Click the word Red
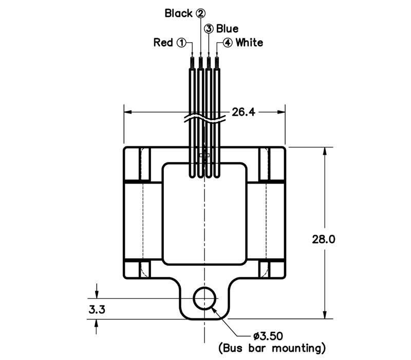(x=163, y=43)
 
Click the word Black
(x=178, y=13)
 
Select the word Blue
(x=227, y=28)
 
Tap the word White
(x=249, y=43)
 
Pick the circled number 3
(x=209, y=28)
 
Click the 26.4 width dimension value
(x=243, y=112)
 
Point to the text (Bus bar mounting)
(x=272, y=348)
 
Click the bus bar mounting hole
(x=205, y=298)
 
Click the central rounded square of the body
(x=204, y=214)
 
